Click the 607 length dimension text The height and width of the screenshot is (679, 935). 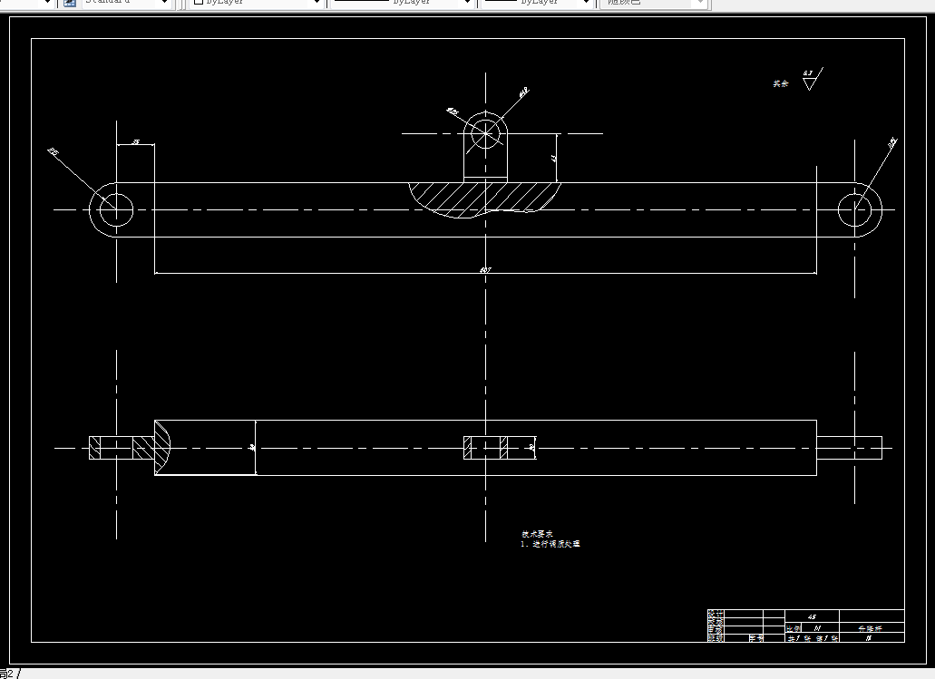pos(485,269)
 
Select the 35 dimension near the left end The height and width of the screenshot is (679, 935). pos(135,142)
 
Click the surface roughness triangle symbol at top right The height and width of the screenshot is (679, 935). pos(809,82)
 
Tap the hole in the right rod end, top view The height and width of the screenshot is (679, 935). pos(855,209)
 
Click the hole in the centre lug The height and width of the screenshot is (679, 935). pos(487,132)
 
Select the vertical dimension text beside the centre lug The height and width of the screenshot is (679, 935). pos(554,157)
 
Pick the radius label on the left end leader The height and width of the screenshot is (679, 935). pos(53,152)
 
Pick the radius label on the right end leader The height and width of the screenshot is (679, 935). pos(891,142)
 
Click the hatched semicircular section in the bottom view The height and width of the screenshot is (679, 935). pos(161,447)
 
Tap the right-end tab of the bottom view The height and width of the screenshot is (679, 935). pos(849,447)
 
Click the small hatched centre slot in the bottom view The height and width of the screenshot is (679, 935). pos(486,447)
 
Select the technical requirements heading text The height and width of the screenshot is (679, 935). pos(536,534)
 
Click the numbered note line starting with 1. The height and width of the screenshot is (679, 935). pos(550,544)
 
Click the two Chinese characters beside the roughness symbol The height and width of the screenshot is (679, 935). pos(780,83)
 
